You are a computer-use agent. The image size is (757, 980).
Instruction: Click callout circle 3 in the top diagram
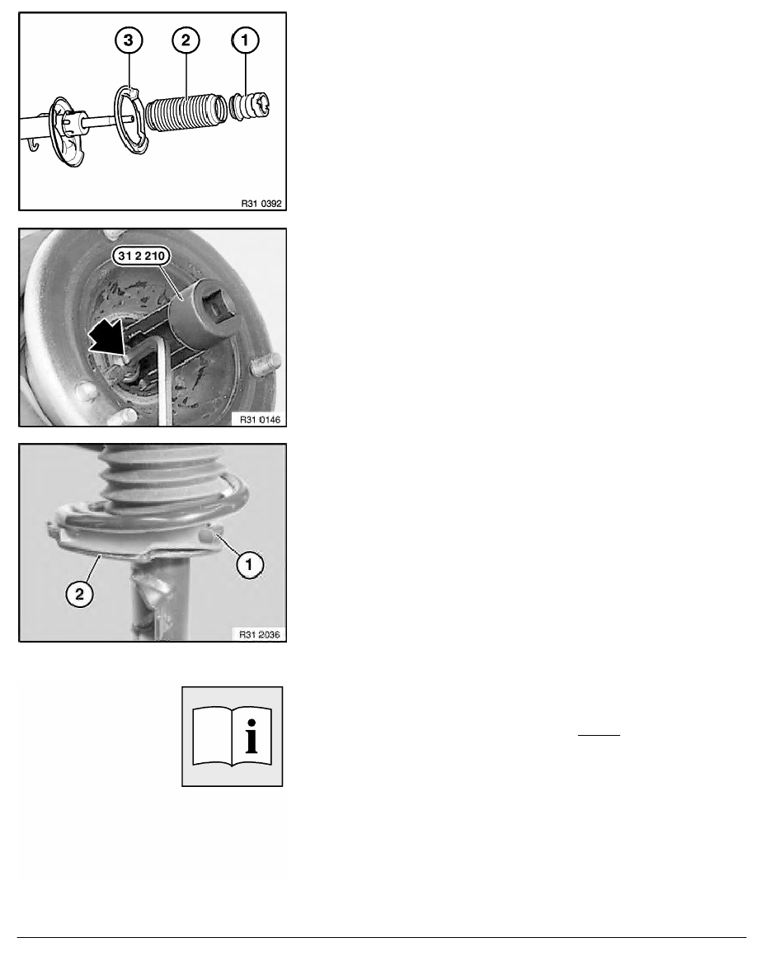point(129,40)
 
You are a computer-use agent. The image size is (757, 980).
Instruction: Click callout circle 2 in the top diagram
point(186,40)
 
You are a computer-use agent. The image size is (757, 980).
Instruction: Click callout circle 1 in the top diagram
point(245,40)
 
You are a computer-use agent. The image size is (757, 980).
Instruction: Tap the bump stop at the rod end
point(251,106)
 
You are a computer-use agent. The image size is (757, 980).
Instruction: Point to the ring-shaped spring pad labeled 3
point(130,120)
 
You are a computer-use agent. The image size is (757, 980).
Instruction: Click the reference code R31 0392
point(261,204)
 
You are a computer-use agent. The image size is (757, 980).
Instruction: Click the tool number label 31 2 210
point(141,256)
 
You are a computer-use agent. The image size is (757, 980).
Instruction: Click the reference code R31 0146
point(261,419)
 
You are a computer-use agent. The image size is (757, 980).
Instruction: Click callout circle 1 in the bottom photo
point(249,565)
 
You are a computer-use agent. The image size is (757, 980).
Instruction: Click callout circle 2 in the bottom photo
point(79,594)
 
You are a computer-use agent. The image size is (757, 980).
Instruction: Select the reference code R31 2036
point(260,634)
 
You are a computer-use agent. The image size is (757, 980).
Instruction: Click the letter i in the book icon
point(251,737)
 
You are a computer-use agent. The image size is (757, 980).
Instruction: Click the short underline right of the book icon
point(599,735)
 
